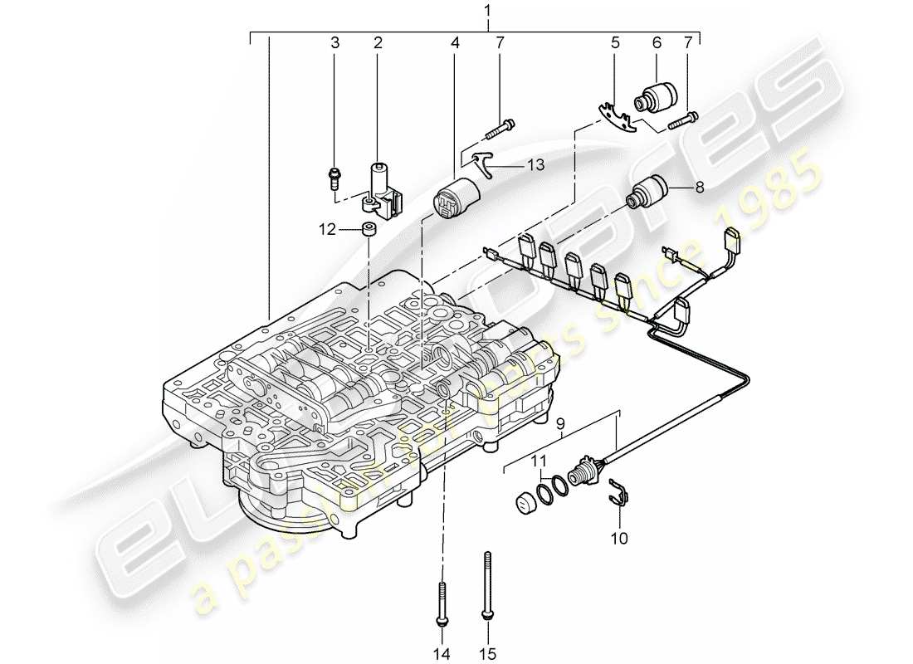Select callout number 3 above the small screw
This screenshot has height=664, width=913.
tap(335, 43)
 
